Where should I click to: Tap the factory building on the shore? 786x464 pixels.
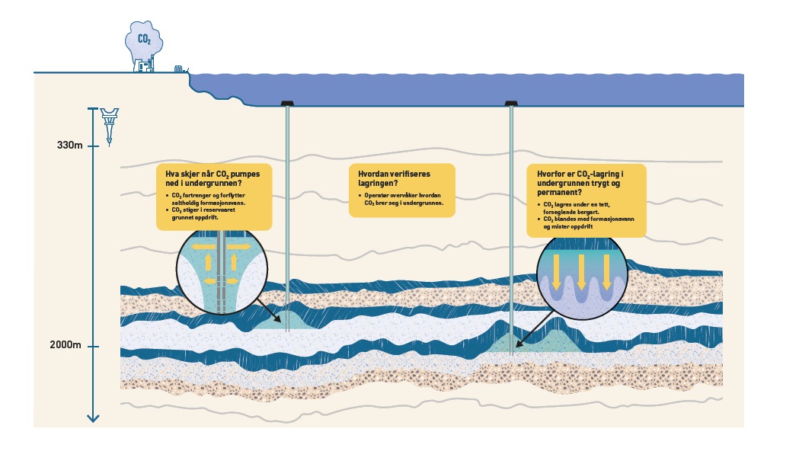pyautogui.click(x=145, y=66)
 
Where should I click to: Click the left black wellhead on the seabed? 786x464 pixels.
pyautogui.click(x=286, y=103)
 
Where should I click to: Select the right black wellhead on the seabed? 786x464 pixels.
pyautogui.click(x=510, y=103)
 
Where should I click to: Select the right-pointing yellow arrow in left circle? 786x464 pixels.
pyautogui.click(x=238, y=248)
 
